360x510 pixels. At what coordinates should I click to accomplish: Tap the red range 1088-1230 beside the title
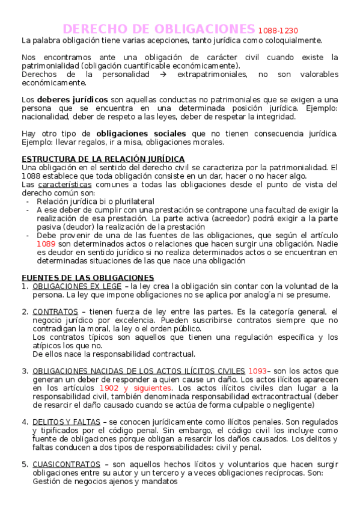click(278, 31)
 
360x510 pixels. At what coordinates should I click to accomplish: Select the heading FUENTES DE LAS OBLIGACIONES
click(88, 277)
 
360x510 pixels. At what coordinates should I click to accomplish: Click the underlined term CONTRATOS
click(55, 312)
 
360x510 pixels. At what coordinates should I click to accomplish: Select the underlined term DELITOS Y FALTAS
click(66, 422)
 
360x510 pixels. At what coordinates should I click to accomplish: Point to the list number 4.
click(25, 422)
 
